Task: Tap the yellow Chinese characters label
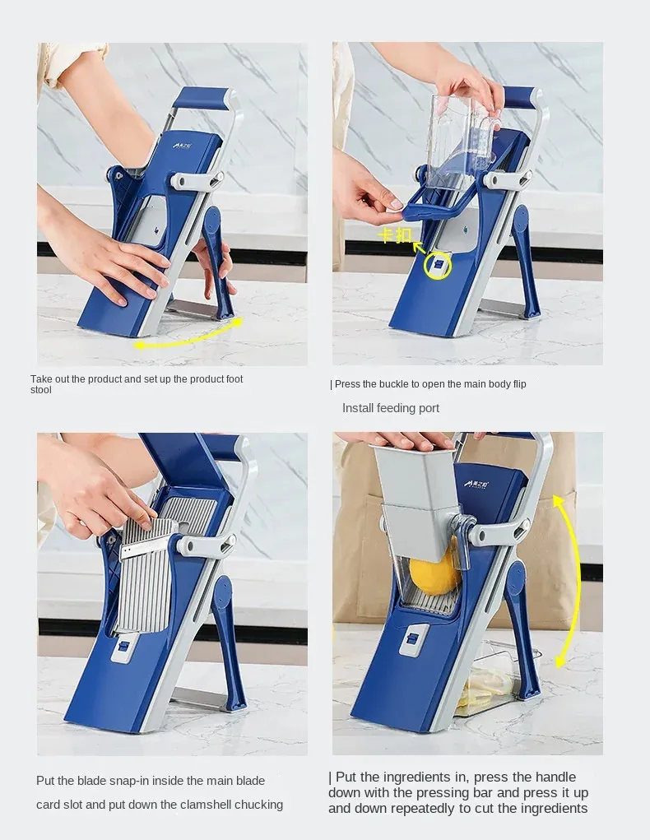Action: click(395, 235)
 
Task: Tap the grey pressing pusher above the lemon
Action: click(418, 499)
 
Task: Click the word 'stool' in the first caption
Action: click(40, 390)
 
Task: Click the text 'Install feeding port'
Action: click(391, 408)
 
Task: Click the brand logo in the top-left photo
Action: click(182, 145)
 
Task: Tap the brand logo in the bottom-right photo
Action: click(476, 483)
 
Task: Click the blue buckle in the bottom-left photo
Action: click(123, 647)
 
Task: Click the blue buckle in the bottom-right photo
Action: click(412, 638)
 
